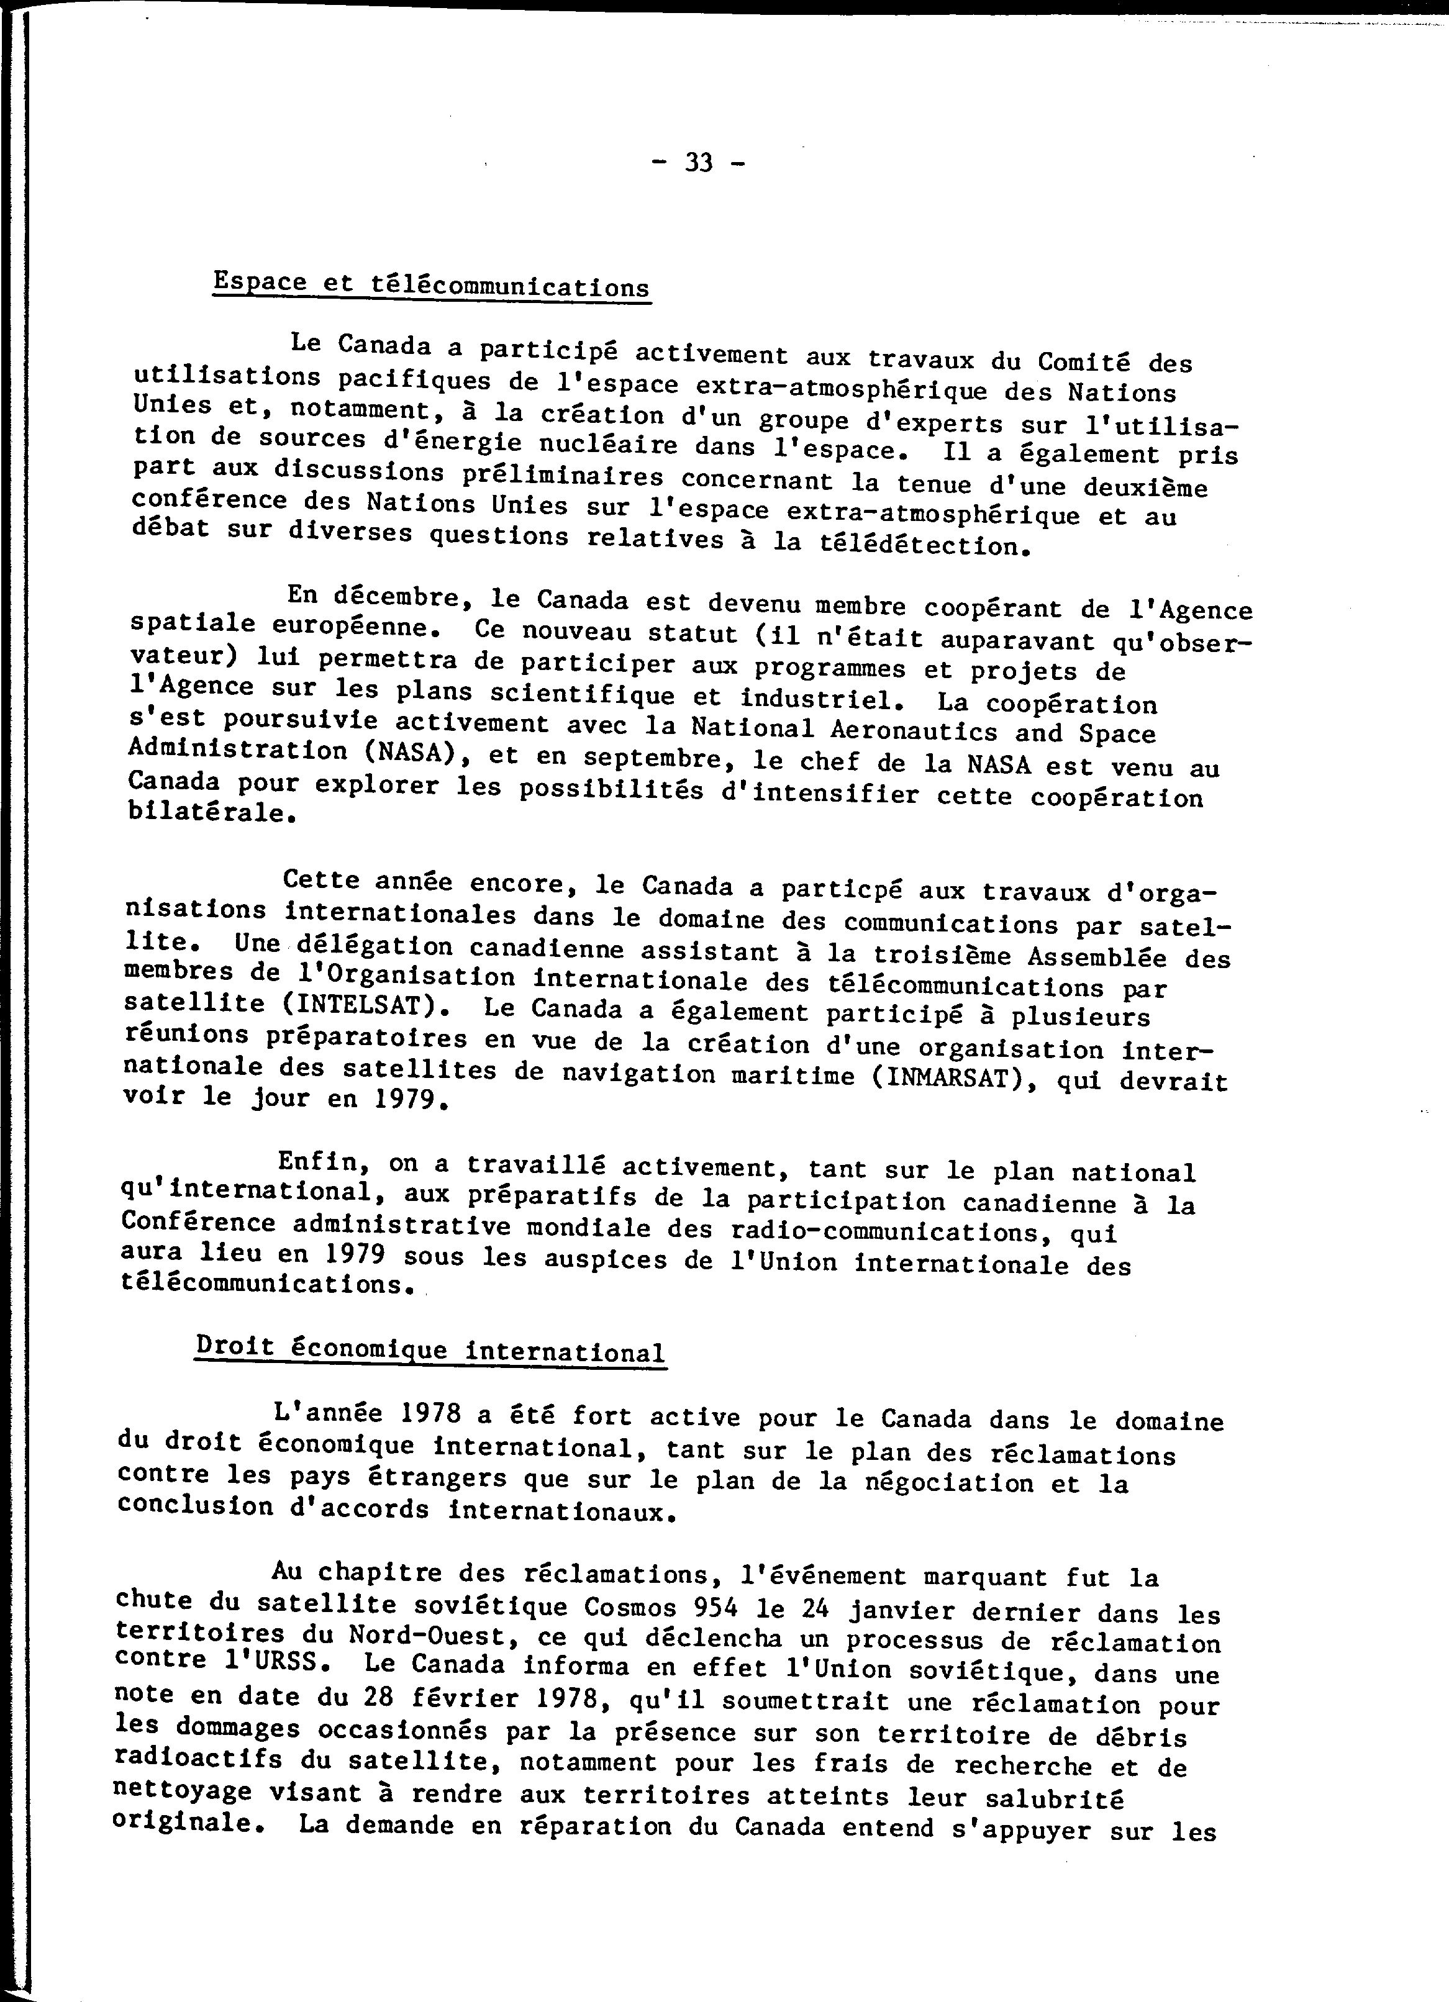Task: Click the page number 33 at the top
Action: tap(699, 163)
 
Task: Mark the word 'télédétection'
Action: tap(923, 545)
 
